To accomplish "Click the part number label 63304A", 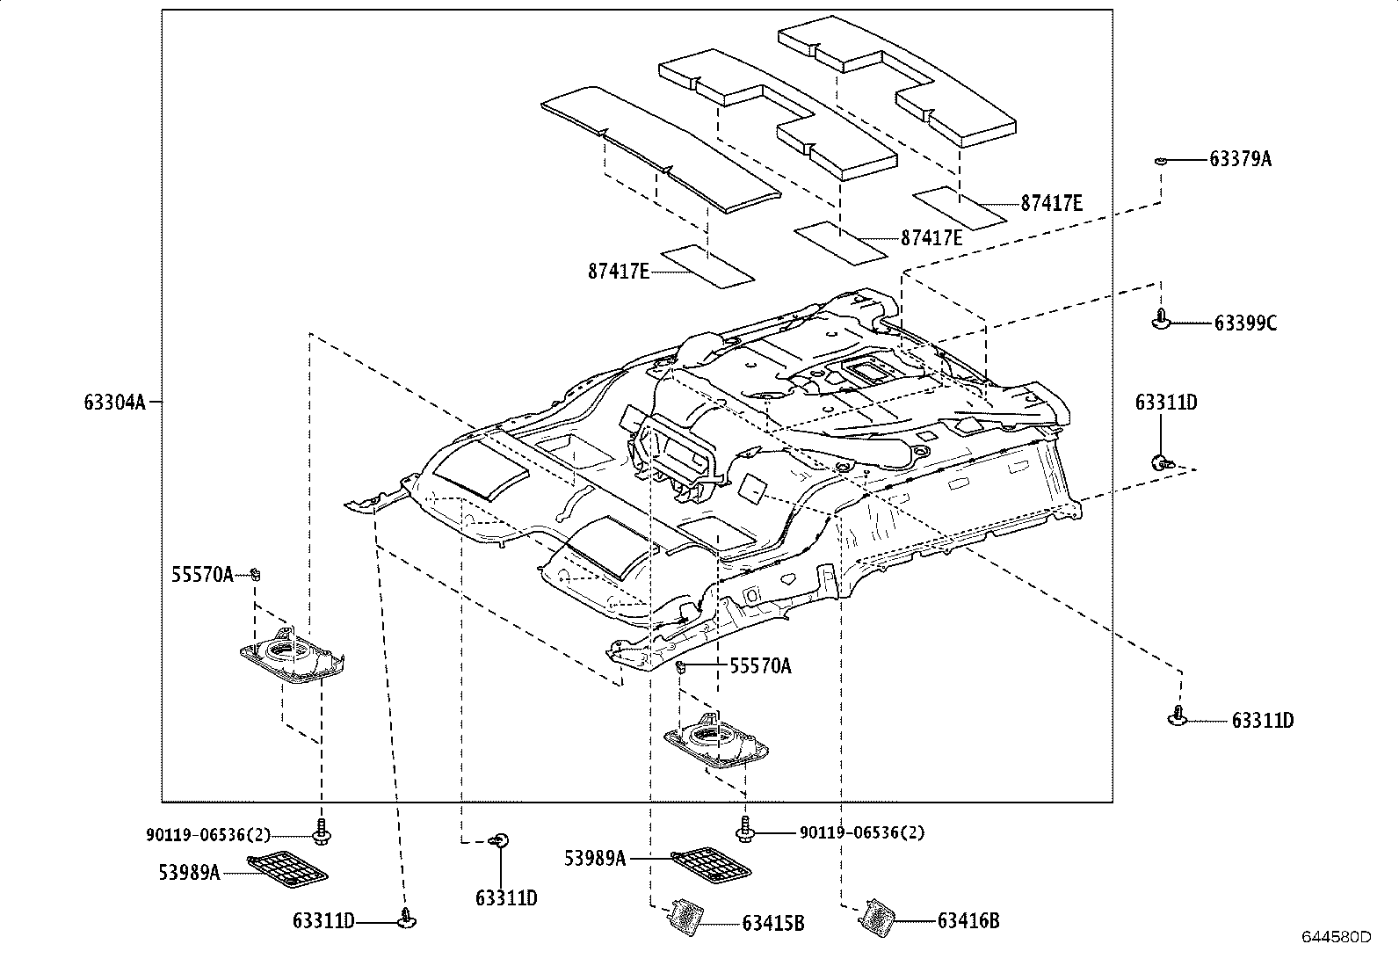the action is click(115, 402).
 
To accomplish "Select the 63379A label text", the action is click(1240, 159).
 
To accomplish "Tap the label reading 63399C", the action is click(1245, 323).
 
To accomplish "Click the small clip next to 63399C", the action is click(1161, 319).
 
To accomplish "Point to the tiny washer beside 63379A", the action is click(1161, 161).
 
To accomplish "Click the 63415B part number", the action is click(773, 923).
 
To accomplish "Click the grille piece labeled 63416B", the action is click(877, 918).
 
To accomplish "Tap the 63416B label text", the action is click(968, 920).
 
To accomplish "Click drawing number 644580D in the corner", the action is click(1337, 937).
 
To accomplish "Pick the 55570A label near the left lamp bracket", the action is click(202, 574).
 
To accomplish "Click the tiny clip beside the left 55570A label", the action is click(255, 574).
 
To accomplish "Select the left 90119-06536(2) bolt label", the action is click(208, 835).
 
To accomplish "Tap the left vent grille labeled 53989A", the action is click(287, 868).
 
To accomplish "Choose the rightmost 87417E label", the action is click(1052, 203).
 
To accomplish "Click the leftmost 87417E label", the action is click(619, 272).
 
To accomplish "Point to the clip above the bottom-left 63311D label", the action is click(407, 918).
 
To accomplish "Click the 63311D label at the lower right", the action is click(1263, 721).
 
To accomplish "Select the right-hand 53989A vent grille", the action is click(711, 866).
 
